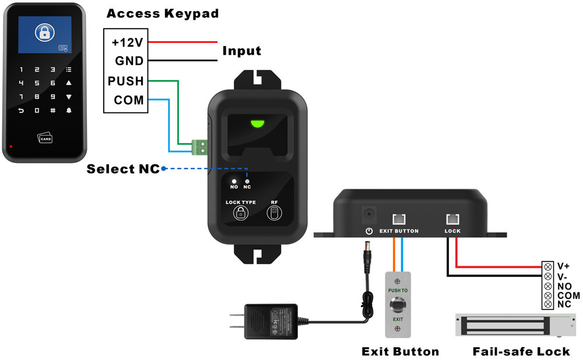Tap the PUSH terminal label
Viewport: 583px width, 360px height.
point(125,81)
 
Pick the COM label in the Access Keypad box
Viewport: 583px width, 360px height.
point(128,100)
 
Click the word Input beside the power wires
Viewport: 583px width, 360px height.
point(241,51)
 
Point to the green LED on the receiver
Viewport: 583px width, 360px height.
point(257,123)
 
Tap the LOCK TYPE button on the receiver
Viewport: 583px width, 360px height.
point(240,213)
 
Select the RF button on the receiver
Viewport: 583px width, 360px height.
point(273,213)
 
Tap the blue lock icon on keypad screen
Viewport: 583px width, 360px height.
point(44,33)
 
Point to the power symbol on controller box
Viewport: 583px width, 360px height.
point(368,231)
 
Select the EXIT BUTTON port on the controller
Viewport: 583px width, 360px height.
point(399,219)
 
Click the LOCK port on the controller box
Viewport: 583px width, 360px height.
point(452,219)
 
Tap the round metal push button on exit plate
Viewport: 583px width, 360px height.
point(398,305)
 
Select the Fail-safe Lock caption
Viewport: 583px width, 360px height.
point(521,351)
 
